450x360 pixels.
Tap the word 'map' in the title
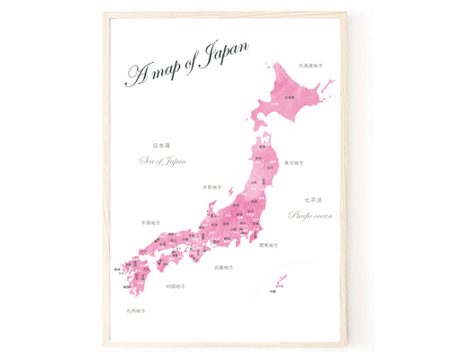click(x=166, y=71)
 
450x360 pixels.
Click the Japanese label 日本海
click(x=161, y=145)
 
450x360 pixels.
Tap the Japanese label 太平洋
click(x=310, y=200)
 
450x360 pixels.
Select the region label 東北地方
click(x=293, y=163)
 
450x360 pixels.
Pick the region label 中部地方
click(x=211, y=187)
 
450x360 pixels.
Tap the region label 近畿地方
click(x=224, y=267)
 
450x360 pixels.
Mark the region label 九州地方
click(x=136, y=310)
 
